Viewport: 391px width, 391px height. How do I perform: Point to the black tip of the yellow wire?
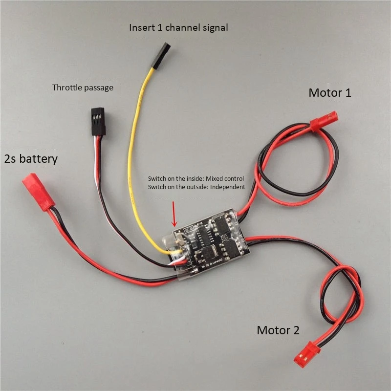point(161,54)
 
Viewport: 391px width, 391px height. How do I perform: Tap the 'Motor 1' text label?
point(329,92)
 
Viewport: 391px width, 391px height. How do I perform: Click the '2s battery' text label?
point(31,159)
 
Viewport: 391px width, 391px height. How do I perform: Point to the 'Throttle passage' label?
point(83,88)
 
